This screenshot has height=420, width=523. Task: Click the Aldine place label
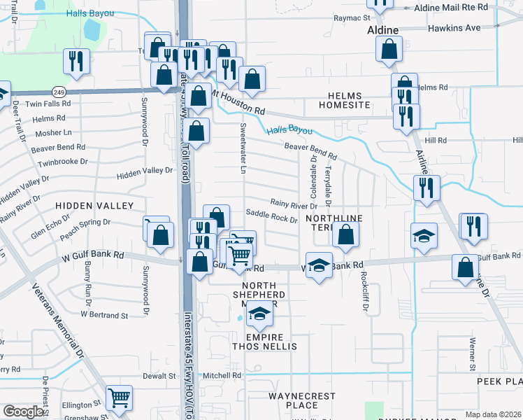point(383,31)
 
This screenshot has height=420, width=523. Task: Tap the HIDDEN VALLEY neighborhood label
point(94,205)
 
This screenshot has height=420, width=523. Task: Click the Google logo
point(23,412)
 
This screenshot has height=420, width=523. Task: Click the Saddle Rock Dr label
point(272,218)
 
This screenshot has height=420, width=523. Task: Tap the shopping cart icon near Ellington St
point(120,398)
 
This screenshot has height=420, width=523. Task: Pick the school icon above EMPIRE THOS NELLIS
point(259,316)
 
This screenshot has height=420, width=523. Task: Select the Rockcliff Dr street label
point(364,290)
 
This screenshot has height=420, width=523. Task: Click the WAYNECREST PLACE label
point(302,400)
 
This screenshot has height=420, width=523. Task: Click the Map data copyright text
point(493,414)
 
